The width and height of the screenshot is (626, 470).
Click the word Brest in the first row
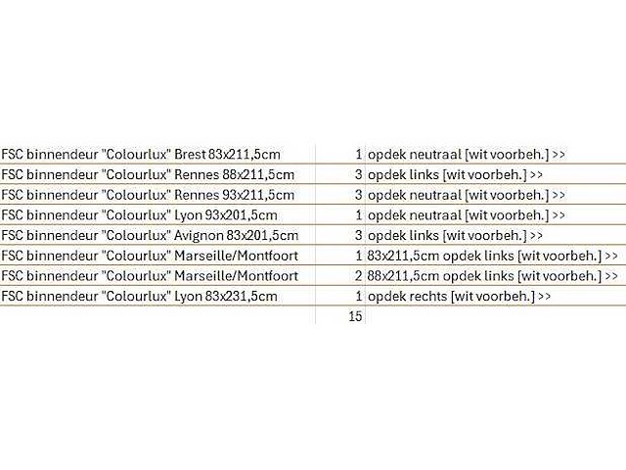coord(190,155)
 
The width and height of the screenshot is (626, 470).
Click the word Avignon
coord(199,236)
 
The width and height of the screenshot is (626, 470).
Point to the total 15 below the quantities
coord(355,316)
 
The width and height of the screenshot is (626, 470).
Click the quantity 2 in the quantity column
coord(359,276)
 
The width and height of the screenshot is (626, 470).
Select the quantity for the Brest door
coord(359,155)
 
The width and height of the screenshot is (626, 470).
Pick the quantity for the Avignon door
coord(359,235)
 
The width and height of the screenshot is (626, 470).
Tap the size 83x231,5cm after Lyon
coord(242,297)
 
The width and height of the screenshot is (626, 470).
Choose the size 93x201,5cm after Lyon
coord(242,215)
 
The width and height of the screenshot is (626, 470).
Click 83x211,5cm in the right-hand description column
coord(403,256)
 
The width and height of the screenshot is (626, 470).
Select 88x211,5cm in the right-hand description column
coord(403,276)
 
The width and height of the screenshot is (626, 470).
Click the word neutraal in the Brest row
coord(435,155)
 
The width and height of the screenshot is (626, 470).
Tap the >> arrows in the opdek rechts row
coord(545,297)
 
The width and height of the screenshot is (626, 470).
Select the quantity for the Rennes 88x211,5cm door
coord(359,174)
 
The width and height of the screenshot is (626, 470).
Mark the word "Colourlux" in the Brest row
coord(137,155)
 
